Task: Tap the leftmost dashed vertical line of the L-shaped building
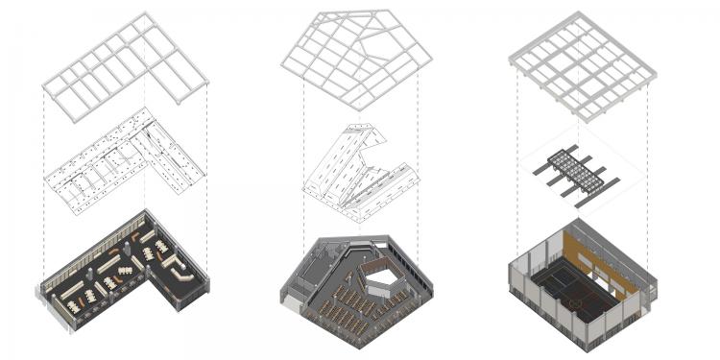(43, 192)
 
